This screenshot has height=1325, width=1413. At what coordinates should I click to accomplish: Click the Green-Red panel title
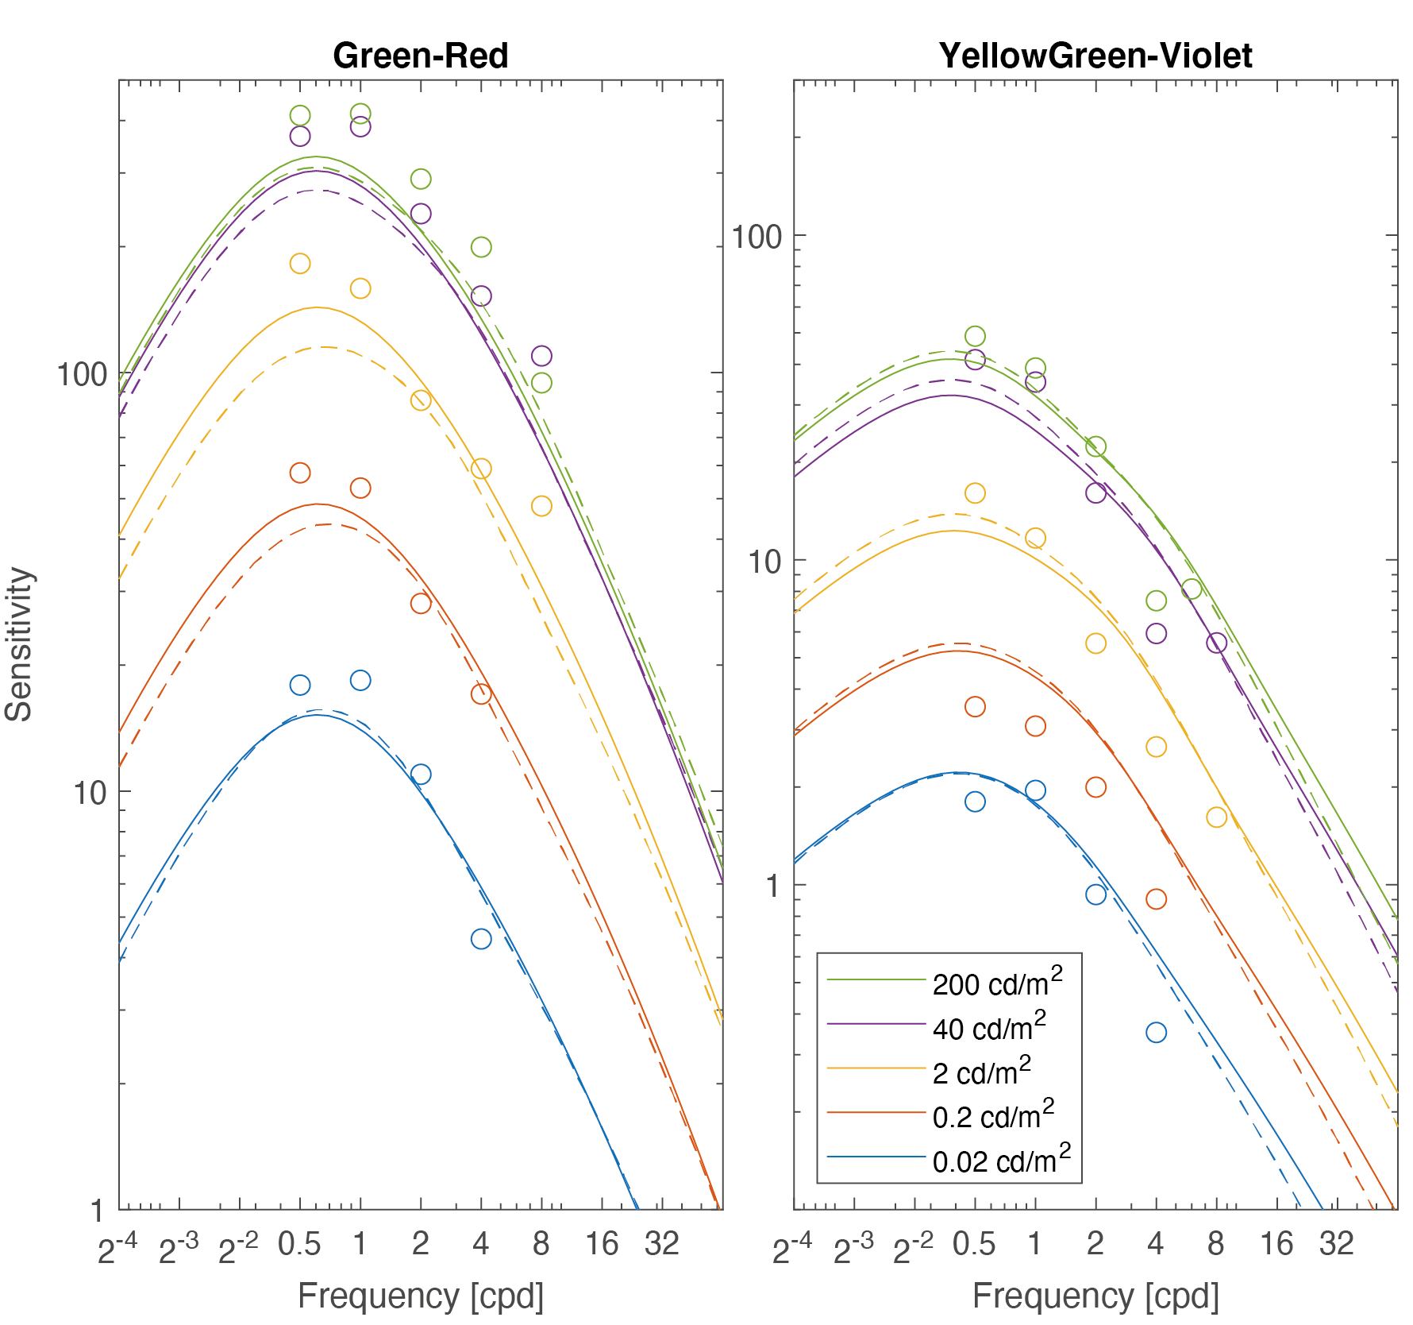(420, 56)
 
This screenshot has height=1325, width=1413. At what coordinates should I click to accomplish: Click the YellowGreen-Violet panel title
(1095, 56)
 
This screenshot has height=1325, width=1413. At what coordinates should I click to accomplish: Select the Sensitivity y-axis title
(19, 643)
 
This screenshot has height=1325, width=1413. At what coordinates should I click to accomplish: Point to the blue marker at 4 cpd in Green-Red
(481, 939)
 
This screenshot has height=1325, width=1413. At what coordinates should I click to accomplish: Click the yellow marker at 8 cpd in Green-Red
(541, 506)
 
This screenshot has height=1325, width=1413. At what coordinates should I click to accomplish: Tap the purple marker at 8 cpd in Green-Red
(541, 356)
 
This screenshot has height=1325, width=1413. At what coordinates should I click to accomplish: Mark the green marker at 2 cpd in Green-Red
(421, 179)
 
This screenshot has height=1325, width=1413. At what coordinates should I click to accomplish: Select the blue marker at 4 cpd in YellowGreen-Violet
(1156, 1033)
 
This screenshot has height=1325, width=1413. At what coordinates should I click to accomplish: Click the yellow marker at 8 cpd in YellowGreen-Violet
(1216, 817)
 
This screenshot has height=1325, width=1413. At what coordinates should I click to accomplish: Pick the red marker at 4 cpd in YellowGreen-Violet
(1156, 899)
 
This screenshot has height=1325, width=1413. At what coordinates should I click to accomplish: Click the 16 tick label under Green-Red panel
(602, 1244)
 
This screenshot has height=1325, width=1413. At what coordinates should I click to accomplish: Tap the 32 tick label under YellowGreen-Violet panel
(1337, 1244)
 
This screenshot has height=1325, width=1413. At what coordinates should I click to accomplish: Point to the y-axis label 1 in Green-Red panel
(97, 1211)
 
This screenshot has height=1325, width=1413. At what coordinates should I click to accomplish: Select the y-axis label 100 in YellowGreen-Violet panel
(757, 237)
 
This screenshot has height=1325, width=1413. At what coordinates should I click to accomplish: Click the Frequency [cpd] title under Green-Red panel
(420, 1296)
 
